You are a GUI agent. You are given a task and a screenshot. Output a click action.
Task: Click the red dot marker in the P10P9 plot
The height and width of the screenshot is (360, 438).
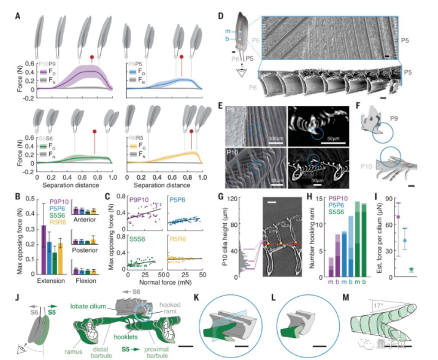pyautogui.click(x=92, y=58)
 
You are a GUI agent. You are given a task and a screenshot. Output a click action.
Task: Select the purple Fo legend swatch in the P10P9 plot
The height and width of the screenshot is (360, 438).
pyautogui.click(x=43, y=71)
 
